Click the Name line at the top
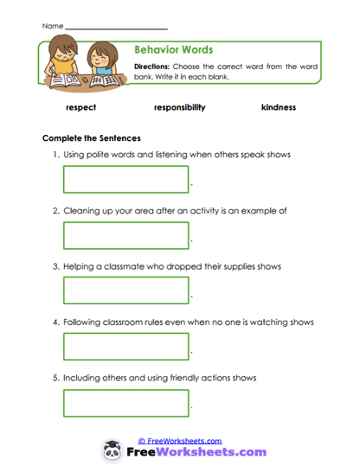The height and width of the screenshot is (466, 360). [x=116, y=29]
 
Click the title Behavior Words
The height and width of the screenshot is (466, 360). [x=174, y=50]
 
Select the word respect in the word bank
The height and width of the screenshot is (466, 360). [x=80, y=108]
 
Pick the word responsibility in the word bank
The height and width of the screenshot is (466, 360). [x=179, y=108]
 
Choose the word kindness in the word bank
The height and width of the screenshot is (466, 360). [x=278, y=108]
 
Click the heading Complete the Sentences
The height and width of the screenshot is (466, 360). [x=92, y=138]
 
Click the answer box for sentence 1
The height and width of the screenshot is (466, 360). [x=125, y=179]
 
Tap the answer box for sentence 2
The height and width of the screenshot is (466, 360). [x=125, y=235]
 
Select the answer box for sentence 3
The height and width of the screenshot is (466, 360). [x=125, y=290]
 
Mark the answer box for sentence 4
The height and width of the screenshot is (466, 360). [x=125, y=347]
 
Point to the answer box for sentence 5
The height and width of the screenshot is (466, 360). [x=125, y=403]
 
